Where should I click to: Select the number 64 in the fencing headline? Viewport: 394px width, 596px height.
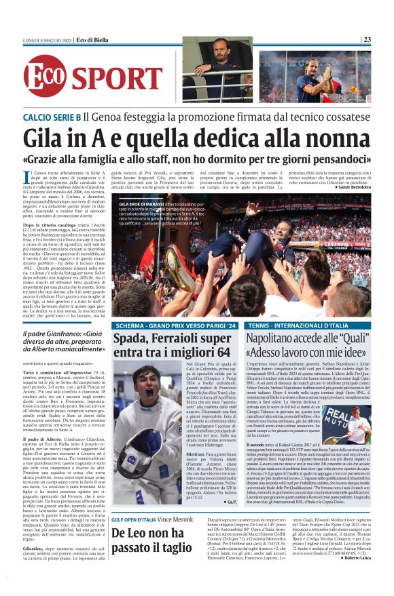pyautogui.click(x=217, y=353)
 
